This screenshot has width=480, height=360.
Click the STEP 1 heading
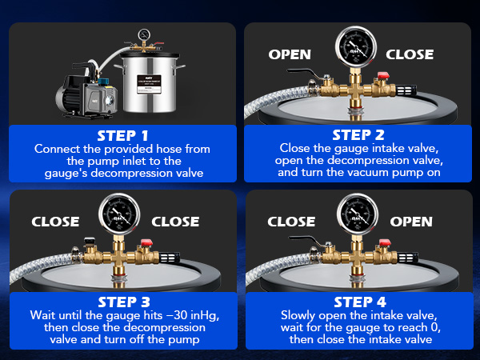122,136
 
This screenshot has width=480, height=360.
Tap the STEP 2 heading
358,135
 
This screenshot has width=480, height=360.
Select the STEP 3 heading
124,302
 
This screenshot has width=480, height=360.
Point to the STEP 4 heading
360,302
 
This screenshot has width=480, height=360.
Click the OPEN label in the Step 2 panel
290,54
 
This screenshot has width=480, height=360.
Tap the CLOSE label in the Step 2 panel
410,54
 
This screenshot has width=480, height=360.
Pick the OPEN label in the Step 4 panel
411,222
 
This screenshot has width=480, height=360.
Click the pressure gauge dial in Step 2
356,47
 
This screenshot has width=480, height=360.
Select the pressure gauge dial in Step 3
119,214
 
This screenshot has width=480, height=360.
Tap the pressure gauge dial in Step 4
358,214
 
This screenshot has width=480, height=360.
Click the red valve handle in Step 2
383,75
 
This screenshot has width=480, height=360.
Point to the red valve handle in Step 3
146,242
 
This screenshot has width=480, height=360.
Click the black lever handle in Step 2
304,73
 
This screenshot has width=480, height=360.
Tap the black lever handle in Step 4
306,240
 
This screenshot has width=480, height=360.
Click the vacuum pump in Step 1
86,91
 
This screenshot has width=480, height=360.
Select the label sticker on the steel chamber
149,84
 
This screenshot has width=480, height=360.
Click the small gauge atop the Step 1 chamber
144,34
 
